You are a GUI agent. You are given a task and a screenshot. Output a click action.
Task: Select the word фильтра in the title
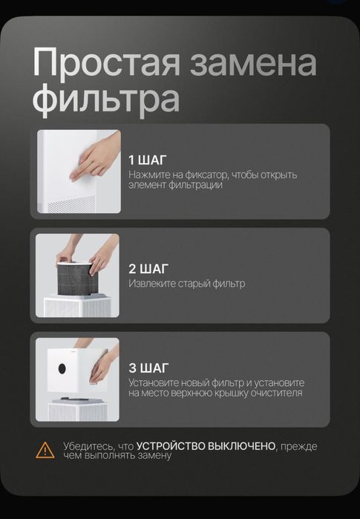(x=106, y=99)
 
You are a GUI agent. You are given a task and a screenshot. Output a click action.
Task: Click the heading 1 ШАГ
(x=148, y=160)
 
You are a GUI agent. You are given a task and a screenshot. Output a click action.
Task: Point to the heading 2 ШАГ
(x=148, y=269)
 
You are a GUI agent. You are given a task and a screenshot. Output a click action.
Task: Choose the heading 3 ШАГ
(x=148, y=368)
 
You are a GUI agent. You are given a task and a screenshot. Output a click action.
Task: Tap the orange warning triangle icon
(x=46, y=449)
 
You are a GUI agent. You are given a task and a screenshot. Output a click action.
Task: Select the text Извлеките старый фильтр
(x=186, y=284)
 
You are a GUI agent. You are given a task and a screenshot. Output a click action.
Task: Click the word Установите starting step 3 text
(x=154, y=382)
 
